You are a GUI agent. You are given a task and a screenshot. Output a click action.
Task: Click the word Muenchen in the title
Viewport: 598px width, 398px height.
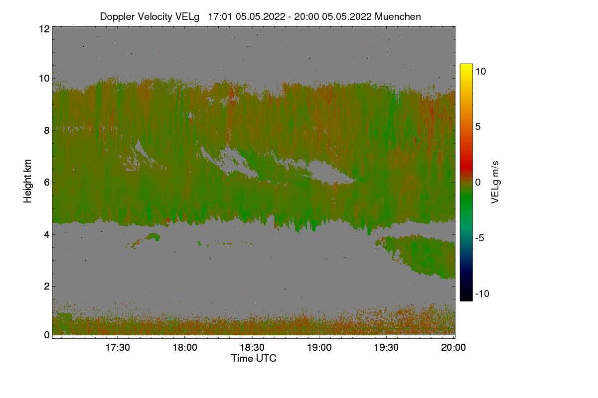coord(398,16)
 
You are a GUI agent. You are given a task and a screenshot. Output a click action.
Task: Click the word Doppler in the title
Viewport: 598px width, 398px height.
coord(117,16)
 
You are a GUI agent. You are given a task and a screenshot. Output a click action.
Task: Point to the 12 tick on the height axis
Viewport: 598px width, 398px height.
coord(44,29)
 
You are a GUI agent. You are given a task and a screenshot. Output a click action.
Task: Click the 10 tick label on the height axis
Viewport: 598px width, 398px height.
coord(44,78)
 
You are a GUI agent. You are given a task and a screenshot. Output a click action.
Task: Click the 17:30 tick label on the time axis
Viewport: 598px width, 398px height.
coord(118,348)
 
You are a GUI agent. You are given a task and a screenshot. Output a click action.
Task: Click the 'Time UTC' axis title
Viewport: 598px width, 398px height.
coord(254,358)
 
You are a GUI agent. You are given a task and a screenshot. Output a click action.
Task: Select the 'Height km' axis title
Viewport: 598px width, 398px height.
coord(28,181)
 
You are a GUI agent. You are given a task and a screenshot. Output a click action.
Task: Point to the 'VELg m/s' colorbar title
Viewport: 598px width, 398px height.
coord(495,182)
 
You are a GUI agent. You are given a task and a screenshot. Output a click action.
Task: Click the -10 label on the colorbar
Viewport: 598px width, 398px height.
coord(482,294)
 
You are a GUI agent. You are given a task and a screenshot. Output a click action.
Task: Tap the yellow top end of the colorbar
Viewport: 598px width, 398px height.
coord(466,67)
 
